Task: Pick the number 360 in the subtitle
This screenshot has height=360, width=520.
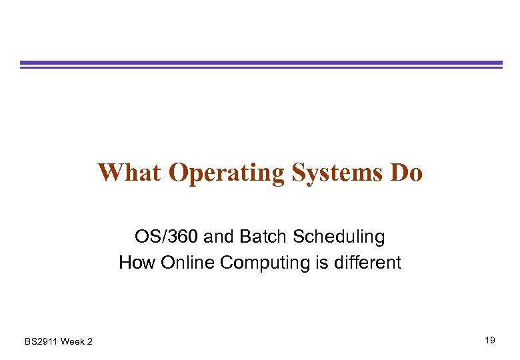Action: point(177,237)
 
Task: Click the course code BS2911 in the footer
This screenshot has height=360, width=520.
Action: point(41,342)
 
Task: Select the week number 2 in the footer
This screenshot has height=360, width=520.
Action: point(90,342)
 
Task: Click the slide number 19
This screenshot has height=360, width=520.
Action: point(490,341)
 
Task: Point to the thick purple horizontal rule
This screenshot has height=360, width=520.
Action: point(261,63)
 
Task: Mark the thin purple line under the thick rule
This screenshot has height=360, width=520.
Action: point(261,67)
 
